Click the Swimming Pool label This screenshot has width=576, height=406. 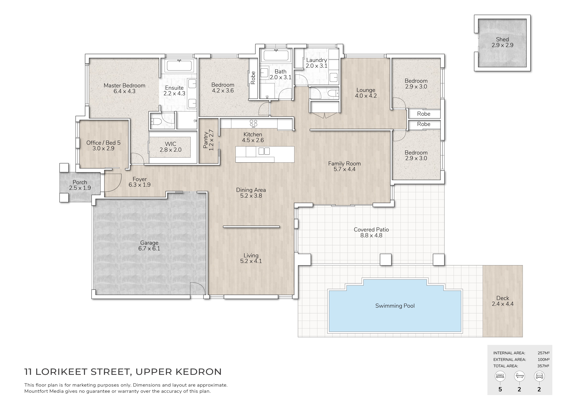point(395,306)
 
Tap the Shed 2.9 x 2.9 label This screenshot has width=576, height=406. point(503,42)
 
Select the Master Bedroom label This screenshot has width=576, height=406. point(124,85)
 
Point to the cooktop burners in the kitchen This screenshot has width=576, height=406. point(253,123)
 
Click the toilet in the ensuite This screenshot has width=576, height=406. point(156,122)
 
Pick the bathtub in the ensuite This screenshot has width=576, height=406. point(179,66)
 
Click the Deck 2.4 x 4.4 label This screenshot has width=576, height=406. point(503,301)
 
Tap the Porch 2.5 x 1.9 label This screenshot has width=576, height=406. point(80,185)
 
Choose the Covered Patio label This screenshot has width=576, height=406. point(371,229)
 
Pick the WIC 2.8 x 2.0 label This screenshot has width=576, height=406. point(171,147)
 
